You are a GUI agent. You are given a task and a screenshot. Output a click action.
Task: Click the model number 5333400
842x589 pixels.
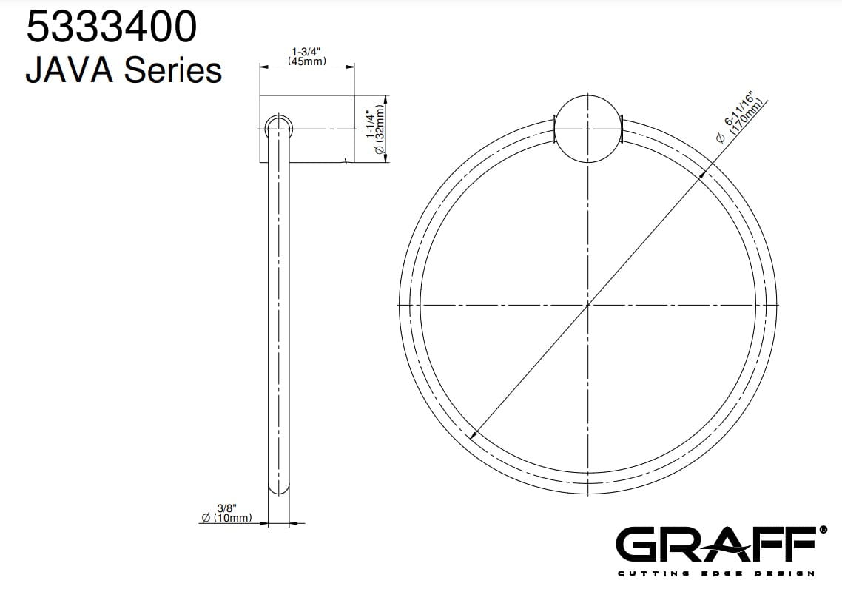[112, 27]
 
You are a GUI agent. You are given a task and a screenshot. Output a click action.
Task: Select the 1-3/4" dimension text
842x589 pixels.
[306, 52]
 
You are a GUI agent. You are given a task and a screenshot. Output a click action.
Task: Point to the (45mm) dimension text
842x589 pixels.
[306, 61]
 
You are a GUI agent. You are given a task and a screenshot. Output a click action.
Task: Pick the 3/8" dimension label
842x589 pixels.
[226, 508]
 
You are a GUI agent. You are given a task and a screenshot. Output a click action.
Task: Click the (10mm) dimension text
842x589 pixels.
[232, 517]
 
